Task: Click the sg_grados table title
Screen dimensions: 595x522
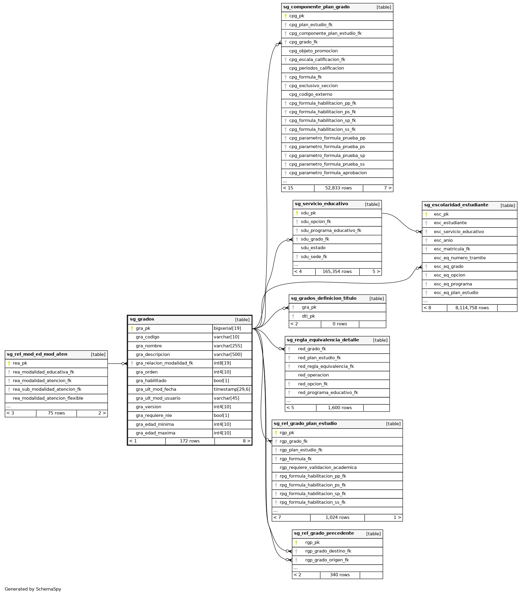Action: [x=142, y=319]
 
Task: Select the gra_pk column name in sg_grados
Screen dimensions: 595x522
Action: [x=143, y=329]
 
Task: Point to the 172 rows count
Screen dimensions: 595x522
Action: [x=190, y=441]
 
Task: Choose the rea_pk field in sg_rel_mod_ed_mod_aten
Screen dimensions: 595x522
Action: [x=20, y=363]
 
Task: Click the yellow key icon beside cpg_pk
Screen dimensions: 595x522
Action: [x=285, y=16]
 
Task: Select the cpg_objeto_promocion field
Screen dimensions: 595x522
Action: [x=313, y=51]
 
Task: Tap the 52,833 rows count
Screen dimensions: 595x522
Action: [x=338, y=188]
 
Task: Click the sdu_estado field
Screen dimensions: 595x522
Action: [x=313, y=248]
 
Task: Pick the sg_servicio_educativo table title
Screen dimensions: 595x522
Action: [x=321, y=204]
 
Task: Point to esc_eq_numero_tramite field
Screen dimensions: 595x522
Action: [x=460, y=258]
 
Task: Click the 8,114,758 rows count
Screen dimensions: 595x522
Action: [x=472, y=308]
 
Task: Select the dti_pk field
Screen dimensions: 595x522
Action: [x=308, y=316]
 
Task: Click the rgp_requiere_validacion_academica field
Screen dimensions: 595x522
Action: [x=318, y=468]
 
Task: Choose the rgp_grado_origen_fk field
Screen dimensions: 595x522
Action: [x=327, y=560]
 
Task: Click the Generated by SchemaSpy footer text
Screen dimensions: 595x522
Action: [x=33, y=589]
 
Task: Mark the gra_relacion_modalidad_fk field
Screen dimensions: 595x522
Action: [x=164, y=363]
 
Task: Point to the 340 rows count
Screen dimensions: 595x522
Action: [x=340, y=575]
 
